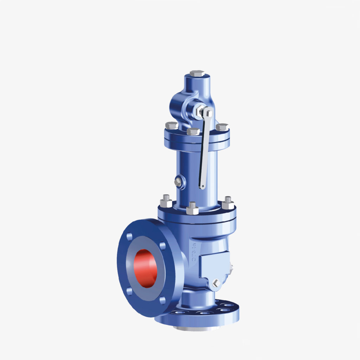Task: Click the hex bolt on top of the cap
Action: click(x=197, y=73)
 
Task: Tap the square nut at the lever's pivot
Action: click(x=208, y=113)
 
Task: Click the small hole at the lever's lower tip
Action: click(x=202, y=186)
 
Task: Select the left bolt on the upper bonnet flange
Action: click(x=172, y=126)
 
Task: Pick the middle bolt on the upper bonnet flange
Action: click(x=193, y=131)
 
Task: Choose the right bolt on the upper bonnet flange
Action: click(x=222, y=127)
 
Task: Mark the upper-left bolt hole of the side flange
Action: click(x=130, y=236)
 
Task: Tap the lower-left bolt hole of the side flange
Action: click(x=130, y=291)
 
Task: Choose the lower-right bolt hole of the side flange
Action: click(x=162, y=301)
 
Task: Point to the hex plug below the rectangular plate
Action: click(x=217, y=283)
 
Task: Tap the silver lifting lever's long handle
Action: click(x=205, y=151)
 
